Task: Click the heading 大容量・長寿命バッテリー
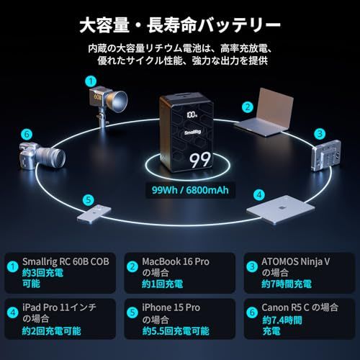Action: point(180,27)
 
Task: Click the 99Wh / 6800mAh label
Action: point(180,190)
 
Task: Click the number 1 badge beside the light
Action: point(90,81)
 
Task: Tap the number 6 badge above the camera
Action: point(27,134)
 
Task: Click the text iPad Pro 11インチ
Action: point(62,307)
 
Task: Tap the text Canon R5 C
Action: point(292,307)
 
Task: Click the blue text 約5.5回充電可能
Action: point(176,332)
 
